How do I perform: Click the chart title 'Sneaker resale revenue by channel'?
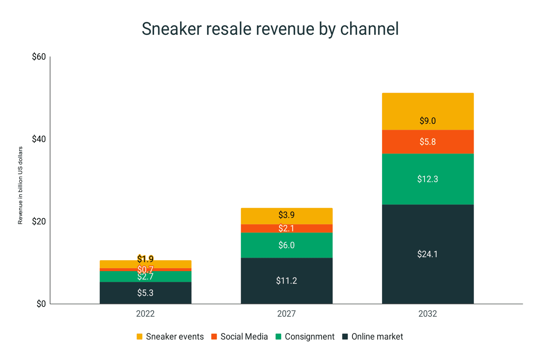270,29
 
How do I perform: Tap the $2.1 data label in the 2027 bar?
286,228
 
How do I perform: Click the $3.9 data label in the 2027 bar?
286,215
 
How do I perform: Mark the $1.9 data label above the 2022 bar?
145,259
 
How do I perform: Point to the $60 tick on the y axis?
39,57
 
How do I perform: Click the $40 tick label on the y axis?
39,139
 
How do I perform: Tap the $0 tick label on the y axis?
41,304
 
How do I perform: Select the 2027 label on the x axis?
286,314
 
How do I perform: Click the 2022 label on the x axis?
145,314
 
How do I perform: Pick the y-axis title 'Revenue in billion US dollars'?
20,185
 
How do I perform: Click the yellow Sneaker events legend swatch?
139,336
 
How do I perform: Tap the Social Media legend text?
244,337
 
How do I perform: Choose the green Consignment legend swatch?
278,336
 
